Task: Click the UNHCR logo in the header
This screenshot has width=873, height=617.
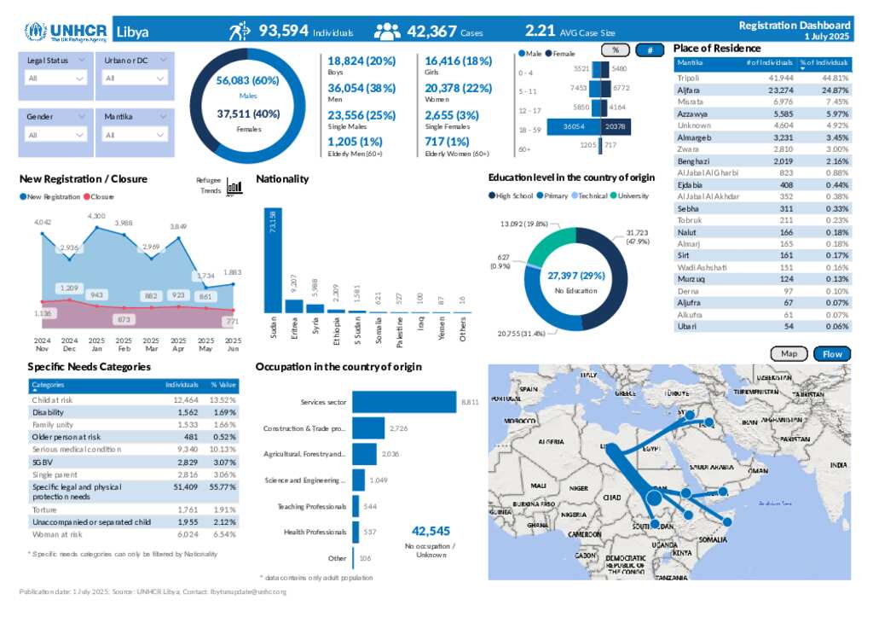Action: coord(66,32)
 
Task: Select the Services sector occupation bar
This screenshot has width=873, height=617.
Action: coord(404,401)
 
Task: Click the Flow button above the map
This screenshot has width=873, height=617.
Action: coord(832,354)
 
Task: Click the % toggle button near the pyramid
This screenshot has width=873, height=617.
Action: coord(616,50)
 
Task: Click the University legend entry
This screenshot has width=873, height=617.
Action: coord(631,196)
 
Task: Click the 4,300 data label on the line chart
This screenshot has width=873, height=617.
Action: coord(96,216)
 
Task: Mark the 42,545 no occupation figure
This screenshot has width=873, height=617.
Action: coord(430,531)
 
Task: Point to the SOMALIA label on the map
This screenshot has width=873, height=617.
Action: coord(713,539)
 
